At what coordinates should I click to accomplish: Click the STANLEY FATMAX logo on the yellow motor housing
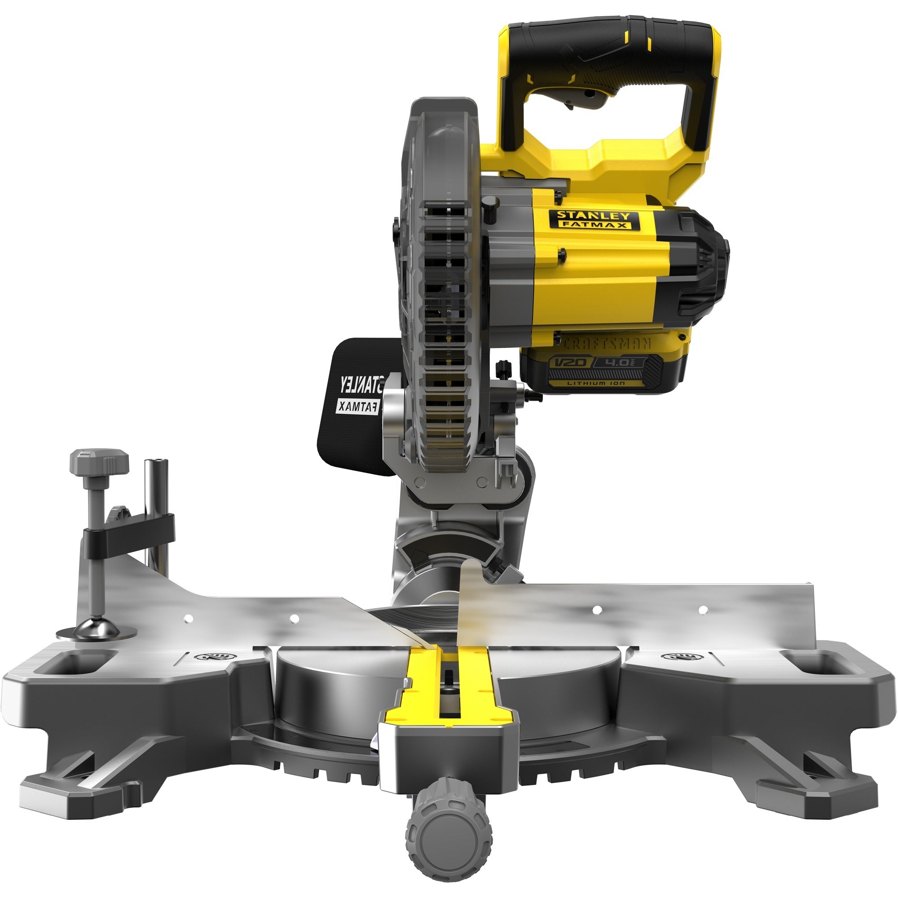(594, 220)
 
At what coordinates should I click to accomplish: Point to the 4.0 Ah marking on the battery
(620, 362)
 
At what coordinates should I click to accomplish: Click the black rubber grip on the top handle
(613, 47)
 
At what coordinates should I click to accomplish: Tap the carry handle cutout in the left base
(75, 664)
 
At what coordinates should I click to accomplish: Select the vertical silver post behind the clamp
(157, 511)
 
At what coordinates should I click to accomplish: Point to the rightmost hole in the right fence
(703, 609)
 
